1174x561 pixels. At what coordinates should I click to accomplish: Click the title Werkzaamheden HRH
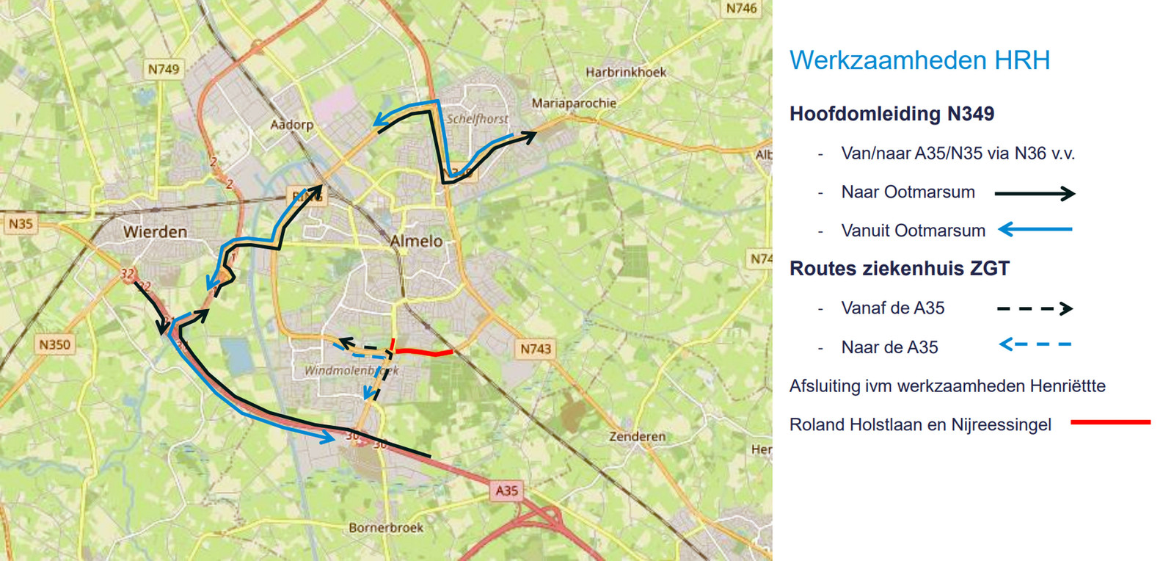tap(919, 60)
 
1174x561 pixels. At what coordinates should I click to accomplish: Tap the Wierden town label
tap(155, 232)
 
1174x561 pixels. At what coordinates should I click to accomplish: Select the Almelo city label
tap(416, 241)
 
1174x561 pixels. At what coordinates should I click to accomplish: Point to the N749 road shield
tap(163, 69)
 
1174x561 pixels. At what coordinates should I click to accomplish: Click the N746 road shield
tap(740, 9)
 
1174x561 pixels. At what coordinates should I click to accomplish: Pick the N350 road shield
tap(54, 344)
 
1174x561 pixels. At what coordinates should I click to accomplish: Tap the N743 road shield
tap(535, 349)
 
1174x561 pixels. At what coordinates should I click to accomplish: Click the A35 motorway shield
tap(506, 490)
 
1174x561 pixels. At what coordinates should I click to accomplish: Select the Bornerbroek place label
tap(386, 527)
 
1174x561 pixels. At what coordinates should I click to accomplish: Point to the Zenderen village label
tap(637, 436)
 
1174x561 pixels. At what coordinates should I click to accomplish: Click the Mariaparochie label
tap(574, 104)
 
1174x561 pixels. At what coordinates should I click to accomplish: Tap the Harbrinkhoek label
tap(626, 72)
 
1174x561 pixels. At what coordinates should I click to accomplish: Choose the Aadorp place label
tap(291, 124)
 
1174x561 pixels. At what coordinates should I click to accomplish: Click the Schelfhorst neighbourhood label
tap(477, 119)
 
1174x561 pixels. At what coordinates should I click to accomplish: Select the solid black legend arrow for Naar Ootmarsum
tap(1035, 194)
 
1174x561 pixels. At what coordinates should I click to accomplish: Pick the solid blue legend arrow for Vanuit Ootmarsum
tap(1035, 230)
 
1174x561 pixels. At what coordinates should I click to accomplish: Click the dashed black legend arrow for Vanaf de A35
tap(1035, 309)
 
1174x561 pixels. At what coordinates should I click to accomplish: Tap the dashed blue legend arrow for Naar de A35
tap(1035, 344)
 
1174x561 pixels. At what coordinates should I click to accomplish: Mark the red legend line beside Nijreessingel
tap(1110, 422)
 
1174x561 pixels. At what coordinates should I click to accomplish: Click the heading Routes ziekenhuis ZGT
tap(899, 269)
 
